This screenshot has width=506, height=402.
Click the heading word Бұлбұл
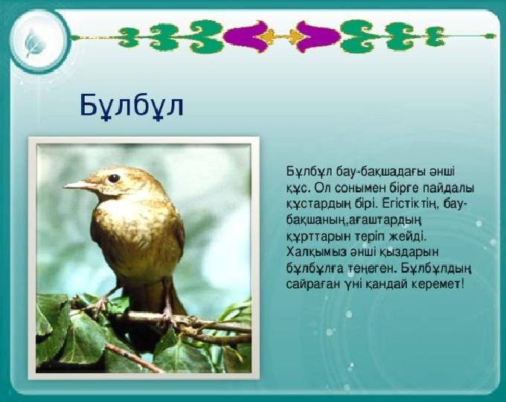[132, 106]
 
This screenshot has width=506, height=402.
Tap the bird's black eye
[114, 178]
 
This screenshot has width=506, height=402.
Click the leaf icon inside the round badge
[32, 43]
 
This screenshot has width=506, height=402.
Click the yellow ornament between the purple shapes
[283, 36]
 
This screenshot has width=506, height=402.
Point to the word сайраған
[313, 285]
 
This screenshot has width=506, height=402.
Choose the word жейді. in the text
[406, 236]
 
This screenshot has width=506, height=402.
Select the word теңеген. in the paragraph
[371, 269]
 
